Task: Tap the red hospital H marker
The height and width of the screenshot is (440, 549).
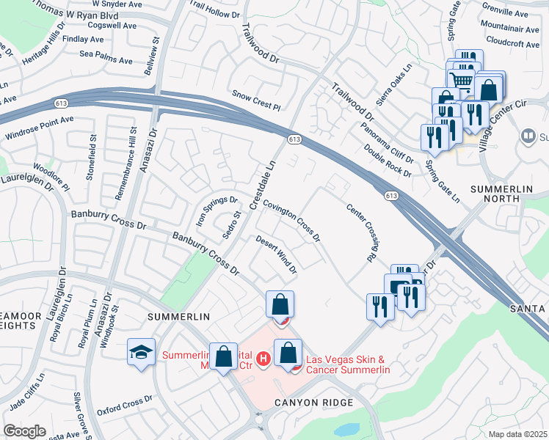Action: click(264, 358)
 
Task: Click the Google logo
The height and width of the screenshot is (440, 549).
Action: click(24, 431)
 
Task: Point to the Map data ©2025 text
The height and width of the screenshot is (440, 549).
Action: click(517, 434)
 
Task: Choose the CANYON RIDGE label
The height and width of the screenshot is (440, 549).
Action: click(314, 403)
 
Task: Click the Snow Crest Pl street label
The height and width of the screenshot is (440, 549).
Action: click(256, 100)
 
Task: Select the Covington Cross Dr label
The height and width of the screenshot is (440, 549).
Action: click(291, 221)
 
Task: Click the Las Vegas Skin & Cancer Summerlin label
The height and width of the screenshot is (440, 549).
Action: click(347, 364)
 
